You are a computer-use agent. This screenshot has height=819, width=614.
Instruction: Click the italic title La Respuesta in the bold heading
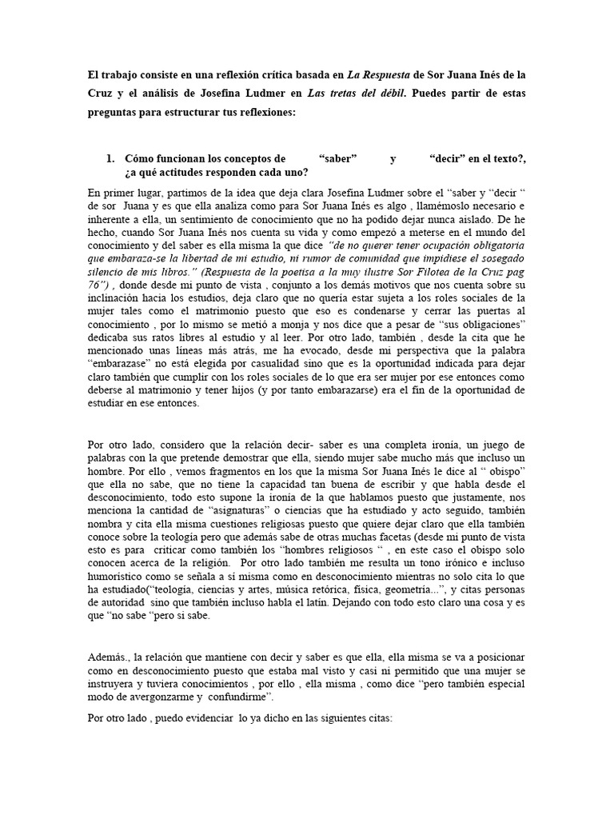382,75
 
